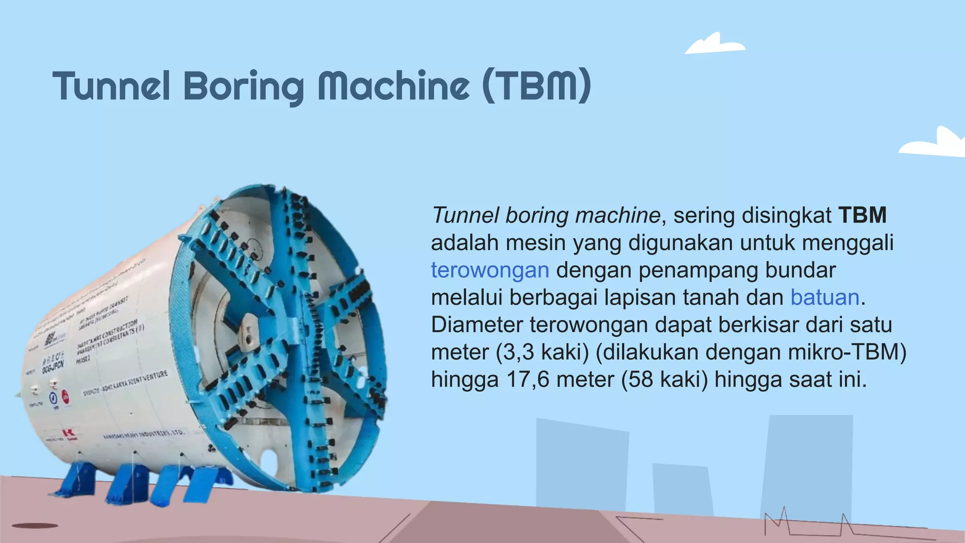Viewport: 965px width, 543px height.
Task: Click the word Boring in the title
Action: click(244, 87)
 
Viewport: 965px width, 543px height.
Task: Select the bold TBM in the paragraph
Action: click(862, 215)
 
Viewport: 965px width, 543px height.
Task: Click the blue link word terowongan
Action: click(490, 271)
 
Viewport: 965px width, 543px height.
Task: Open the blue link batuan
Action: click(825, 298)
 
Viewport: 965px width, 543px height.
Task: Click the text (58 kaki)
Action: click(664, 380)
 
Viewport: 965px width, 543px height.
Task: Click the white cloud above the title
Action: click(714, 44)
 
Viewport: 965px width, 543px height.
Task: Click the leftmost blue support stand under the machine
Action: click(75, 478)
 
